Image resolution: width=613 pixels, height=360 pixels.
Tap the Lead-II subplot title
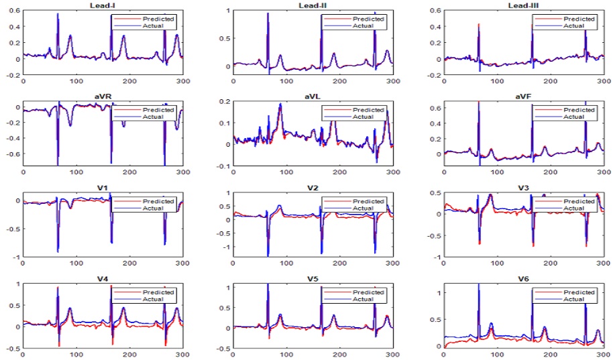[311, 5]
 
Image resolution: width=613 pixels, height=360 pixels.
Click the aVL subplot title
[311, 96]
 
